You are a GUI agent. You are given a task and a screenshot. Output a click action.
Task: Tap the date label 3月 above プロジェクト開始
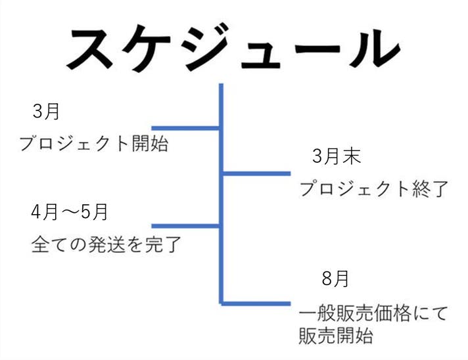click(x=47, y=112)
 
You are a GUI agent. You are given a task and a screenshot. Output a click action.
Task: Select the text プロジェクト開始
click(x=93, y=143)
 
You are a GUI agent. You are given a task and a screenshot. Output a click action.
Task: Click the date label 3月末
click(x=336, y=157)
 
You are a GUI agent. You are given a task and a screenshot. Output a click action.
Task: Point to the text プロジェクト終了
click(x=373, y=189)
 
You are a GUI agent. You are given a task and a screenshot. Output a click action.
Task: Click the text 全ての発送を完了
click(x=106, y=245)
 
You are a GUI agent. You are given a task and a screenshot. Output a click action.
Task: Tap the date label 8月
click(x=335, y=279)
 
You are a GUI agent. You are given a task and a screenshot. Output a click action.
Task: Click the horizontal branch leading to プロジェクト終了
click(x=256, y=173)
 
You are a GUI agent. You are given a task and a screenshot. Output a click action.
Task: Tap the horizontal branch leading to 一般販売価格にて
click(x=256, y=304)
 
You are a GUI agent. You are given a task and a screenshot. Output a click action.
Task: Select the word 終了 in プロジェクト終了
click(x=432, y=189)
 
